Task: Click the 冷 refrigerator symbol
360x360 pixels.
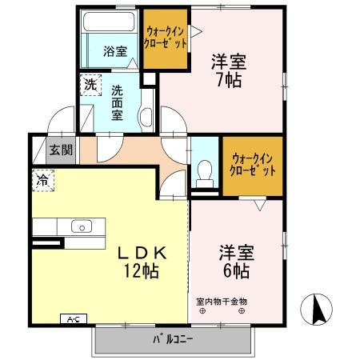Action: pos(40,181)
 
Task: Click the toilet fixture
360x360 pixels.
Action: pos(206,171)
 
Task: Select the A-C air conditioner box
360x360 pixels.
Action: pos(71,319)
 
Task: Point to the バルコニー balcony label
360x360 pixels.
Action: pos(174,338)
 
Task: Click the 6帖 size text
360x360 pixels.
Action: pos(235,272)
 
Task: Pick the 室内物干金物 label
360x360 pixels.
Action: pos(222,302)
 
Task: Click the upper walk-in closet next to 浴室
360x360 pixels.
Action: pos(167,38)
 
